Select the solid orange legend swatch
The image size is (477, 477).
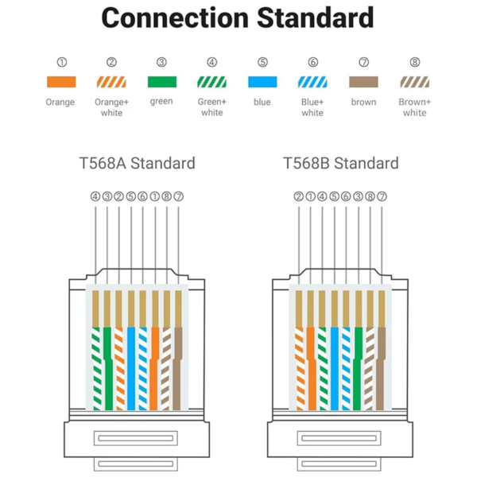tap(60, 82)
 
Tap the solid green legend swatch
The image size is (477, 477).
tap(161, 82)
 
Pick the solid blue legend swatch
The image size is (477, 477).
tap(262, 82)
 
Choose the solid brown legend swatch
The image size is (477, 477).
tap(363, 82)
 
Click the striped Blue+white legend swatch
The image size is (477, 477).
tap(312, 82)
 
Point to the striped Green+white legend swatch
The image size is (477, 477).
tap(211, 82)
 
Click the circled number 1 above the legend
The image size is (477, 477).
tap(60, 62)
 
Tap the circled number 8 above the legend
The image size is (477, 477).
tap(414, 62)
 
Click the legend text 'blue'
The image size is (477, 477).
tap(262, 102)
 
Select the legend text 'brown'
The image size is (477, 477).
tap(363, 102)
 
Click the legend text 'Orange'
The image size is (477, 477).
tap(60, 102)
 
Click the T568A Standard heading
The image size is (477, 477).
tap(137, 164)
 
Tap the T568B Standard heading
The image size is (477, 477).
tap(341, 164)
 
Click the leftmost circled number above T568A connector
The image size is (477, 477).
tap(95, 196)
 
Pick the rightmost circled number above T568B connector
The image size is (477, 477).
tap(382, 196)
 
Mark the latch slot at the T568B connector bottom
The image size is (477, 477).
tap(340, 438)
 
